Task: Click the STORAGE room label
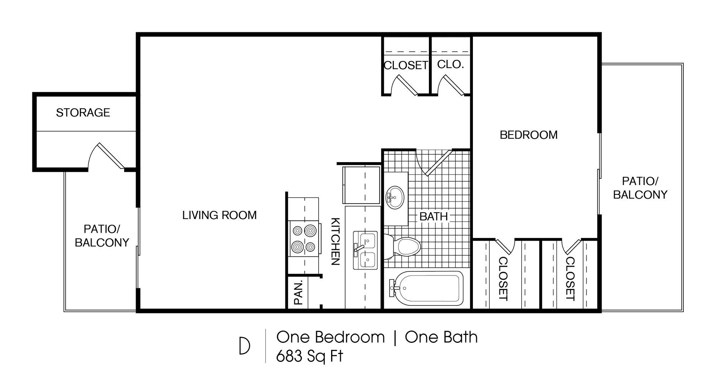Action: [x=83, y=113]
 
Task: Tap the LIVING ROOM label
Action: [x=219, y=215]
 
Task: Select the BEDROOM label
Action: [x=528, y=135]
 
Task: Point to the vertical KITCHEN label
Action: [x=335, y=241]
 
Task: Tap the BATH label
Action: [x=434, y=216]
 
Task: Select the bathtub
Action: [x=426, y=288]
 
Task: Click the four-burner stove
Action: [x=304, y=238]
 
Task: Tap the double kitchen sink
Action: [x=365, y=250]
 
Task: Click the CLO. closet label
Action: [x=450, y=65]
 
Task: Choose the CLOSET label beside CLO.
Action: [x=406, y=65]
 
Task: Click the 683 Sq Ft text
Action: [x=309, y=356]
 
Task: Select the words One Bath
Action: [x=441, y=337]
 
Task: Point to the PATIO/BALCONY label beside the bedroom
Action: [x=640, y=188]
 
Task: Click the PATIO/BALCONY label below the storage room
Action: [x=102, y=236]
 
